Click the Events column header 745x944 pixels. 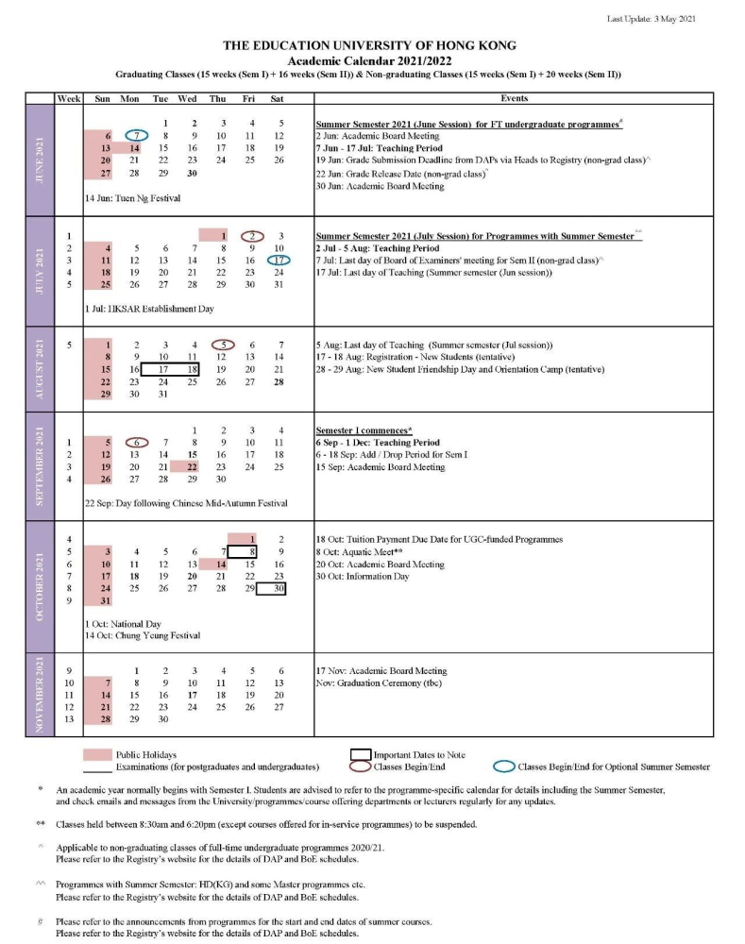[x=514, y=98]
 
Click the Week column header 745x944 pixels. [x=69, y=98]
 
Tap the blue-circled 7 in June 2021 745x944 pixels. [x=136, y=136]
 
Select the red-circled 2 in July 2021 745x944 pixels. [x=250, y=235]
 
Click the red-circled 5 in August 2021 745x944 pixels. [x=222, y=346]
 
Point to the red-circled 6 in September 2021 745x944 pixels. [x=137, y=443]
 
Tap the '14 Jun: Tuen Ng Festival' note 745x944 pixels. [x=132, y=198]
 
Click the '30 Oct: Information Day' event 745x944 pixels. [x=362, y=576]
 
